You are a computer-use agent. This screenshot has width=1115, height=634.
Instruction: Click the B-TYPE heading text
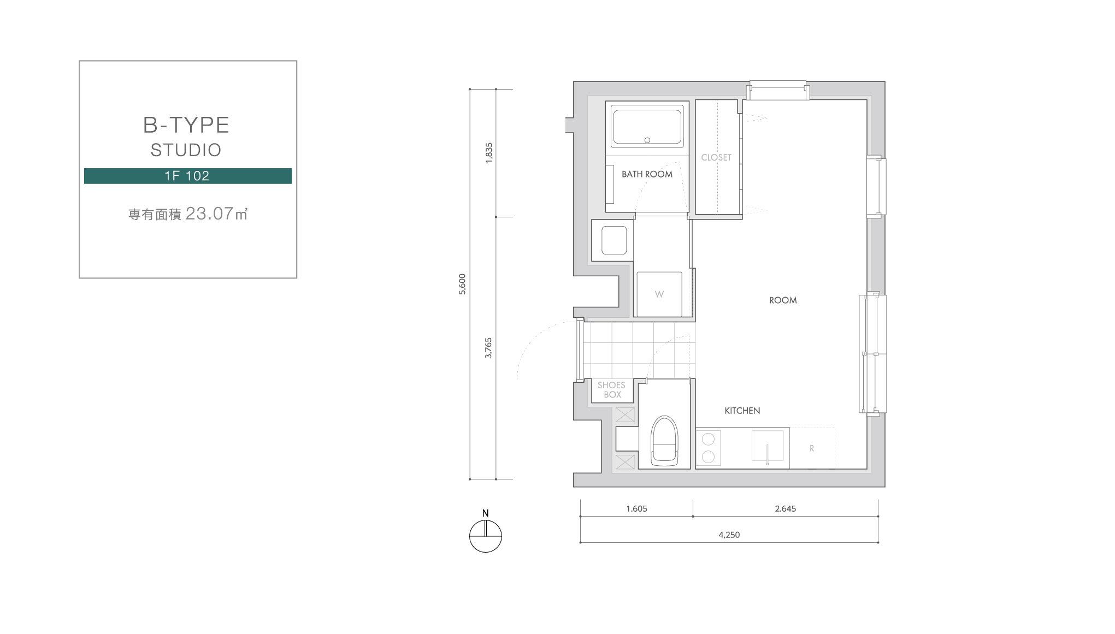tap(186, 125)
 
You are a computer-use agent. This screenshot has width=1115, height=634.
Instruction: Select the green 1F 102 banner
tap(187, 176)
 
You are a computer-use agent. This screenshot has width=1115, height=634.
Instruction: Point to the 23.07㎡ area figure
tap(217, 214)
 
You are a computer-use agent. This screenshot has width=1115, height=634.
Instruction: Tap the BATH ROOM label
tap(647, 174)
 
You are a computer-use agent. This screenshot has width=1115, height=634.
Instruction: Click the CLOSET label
tap(716, 157)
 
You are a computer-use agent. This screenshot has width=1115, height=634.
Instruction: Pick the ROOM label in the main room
tap(783, 300)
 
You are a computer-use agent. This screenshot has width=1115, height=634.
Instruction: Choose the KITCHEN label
tap(742, 411)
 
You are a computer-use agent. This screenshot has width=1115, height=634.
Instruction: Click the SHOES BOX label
tap(612, 390)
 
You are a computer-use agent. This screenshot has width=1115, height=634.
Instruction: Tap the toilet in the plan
tap(664, 441)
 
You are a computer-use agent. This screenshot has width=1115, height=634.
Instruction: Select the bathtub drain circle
tap(647, 140)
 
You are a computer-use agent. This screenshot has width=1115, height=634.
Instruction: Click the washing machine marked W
tap(659, 294)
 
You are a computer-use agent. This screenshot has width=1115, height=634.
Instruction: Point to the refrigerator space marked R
tap(812, 448)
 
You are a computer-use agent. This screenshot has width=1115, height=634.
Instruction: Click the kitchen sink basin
tap(767, 446)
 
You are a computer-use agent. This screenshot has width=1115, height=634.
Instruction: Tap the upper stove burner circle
tap(708, 439)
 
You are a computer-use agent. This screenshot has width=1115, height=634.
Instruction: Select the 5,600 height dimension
tap(462, 284)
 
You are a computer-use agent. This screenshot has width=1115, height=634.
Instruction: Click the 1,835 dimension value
tap(489, 151)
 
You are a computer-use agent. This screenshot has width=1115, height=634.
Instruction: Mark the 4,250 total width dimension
tap(729, 535)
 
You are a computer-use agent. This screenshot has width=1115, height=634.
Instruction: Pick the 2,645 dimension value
tap(785, 508)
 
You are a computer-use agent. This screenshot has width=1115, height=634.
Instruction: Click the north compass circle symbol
tap(486, 536)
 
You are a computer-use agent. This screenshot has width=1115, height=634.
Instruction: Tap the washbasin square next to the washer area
tap(614, 240)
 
